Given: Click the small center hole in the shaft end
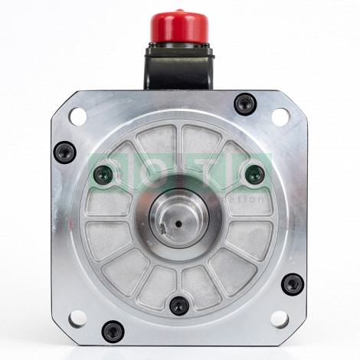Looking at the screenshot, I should tap(179, 224).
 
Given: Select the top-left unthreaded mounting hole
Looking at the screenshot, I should tap(77, 116).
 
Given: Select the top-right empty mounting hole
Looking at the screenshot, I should tap(280, 116).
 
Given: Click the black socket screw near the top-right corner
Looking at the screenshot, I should tap(244, 104).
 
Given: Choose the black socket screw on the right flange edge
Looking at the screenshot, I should tap(293, 284).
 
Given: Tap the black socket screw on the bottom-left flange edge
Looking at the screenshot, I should tap(113, 331).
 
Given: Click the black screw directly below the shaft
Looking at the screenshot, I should tap(178, 306).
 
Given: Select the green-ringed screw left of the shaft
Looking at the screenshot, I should tap(103, 175).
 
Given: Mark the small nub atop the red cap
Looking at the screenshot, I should tap(178, 11).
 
